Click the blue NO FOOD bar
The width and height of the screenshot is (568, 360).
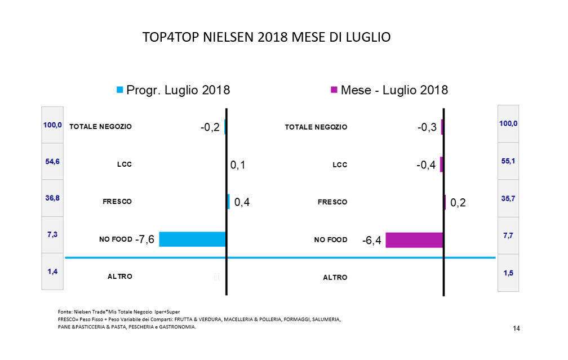[192, 239]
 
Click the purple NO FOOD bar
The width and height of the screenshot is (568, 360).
[414, 240]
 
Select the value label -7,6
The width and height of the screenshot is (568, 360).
[146, 239]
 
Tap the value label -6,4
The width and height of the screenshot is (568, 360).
[371, 241]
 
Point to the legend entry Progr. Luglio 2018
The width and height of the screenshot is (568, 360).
[172, 90]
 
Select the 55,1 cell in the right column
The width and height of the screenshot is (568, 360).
[508, 161]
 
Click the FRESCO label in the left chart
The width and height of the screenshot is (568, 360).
[117, 202]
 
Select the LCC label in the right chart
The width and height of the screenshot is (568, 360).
[340, 165]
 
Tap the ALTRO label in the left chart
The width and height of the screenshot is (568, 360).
[119, 277]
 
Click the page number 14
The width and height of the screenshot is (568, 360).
[516, 328]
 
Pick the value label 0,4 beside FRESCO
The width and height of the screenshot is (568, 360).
[242, 202]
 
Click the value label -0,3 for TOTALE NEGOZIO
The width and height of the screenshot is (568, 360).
[427, 127]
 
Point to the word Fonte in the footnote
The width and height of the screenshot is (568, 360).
[65, 312]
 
